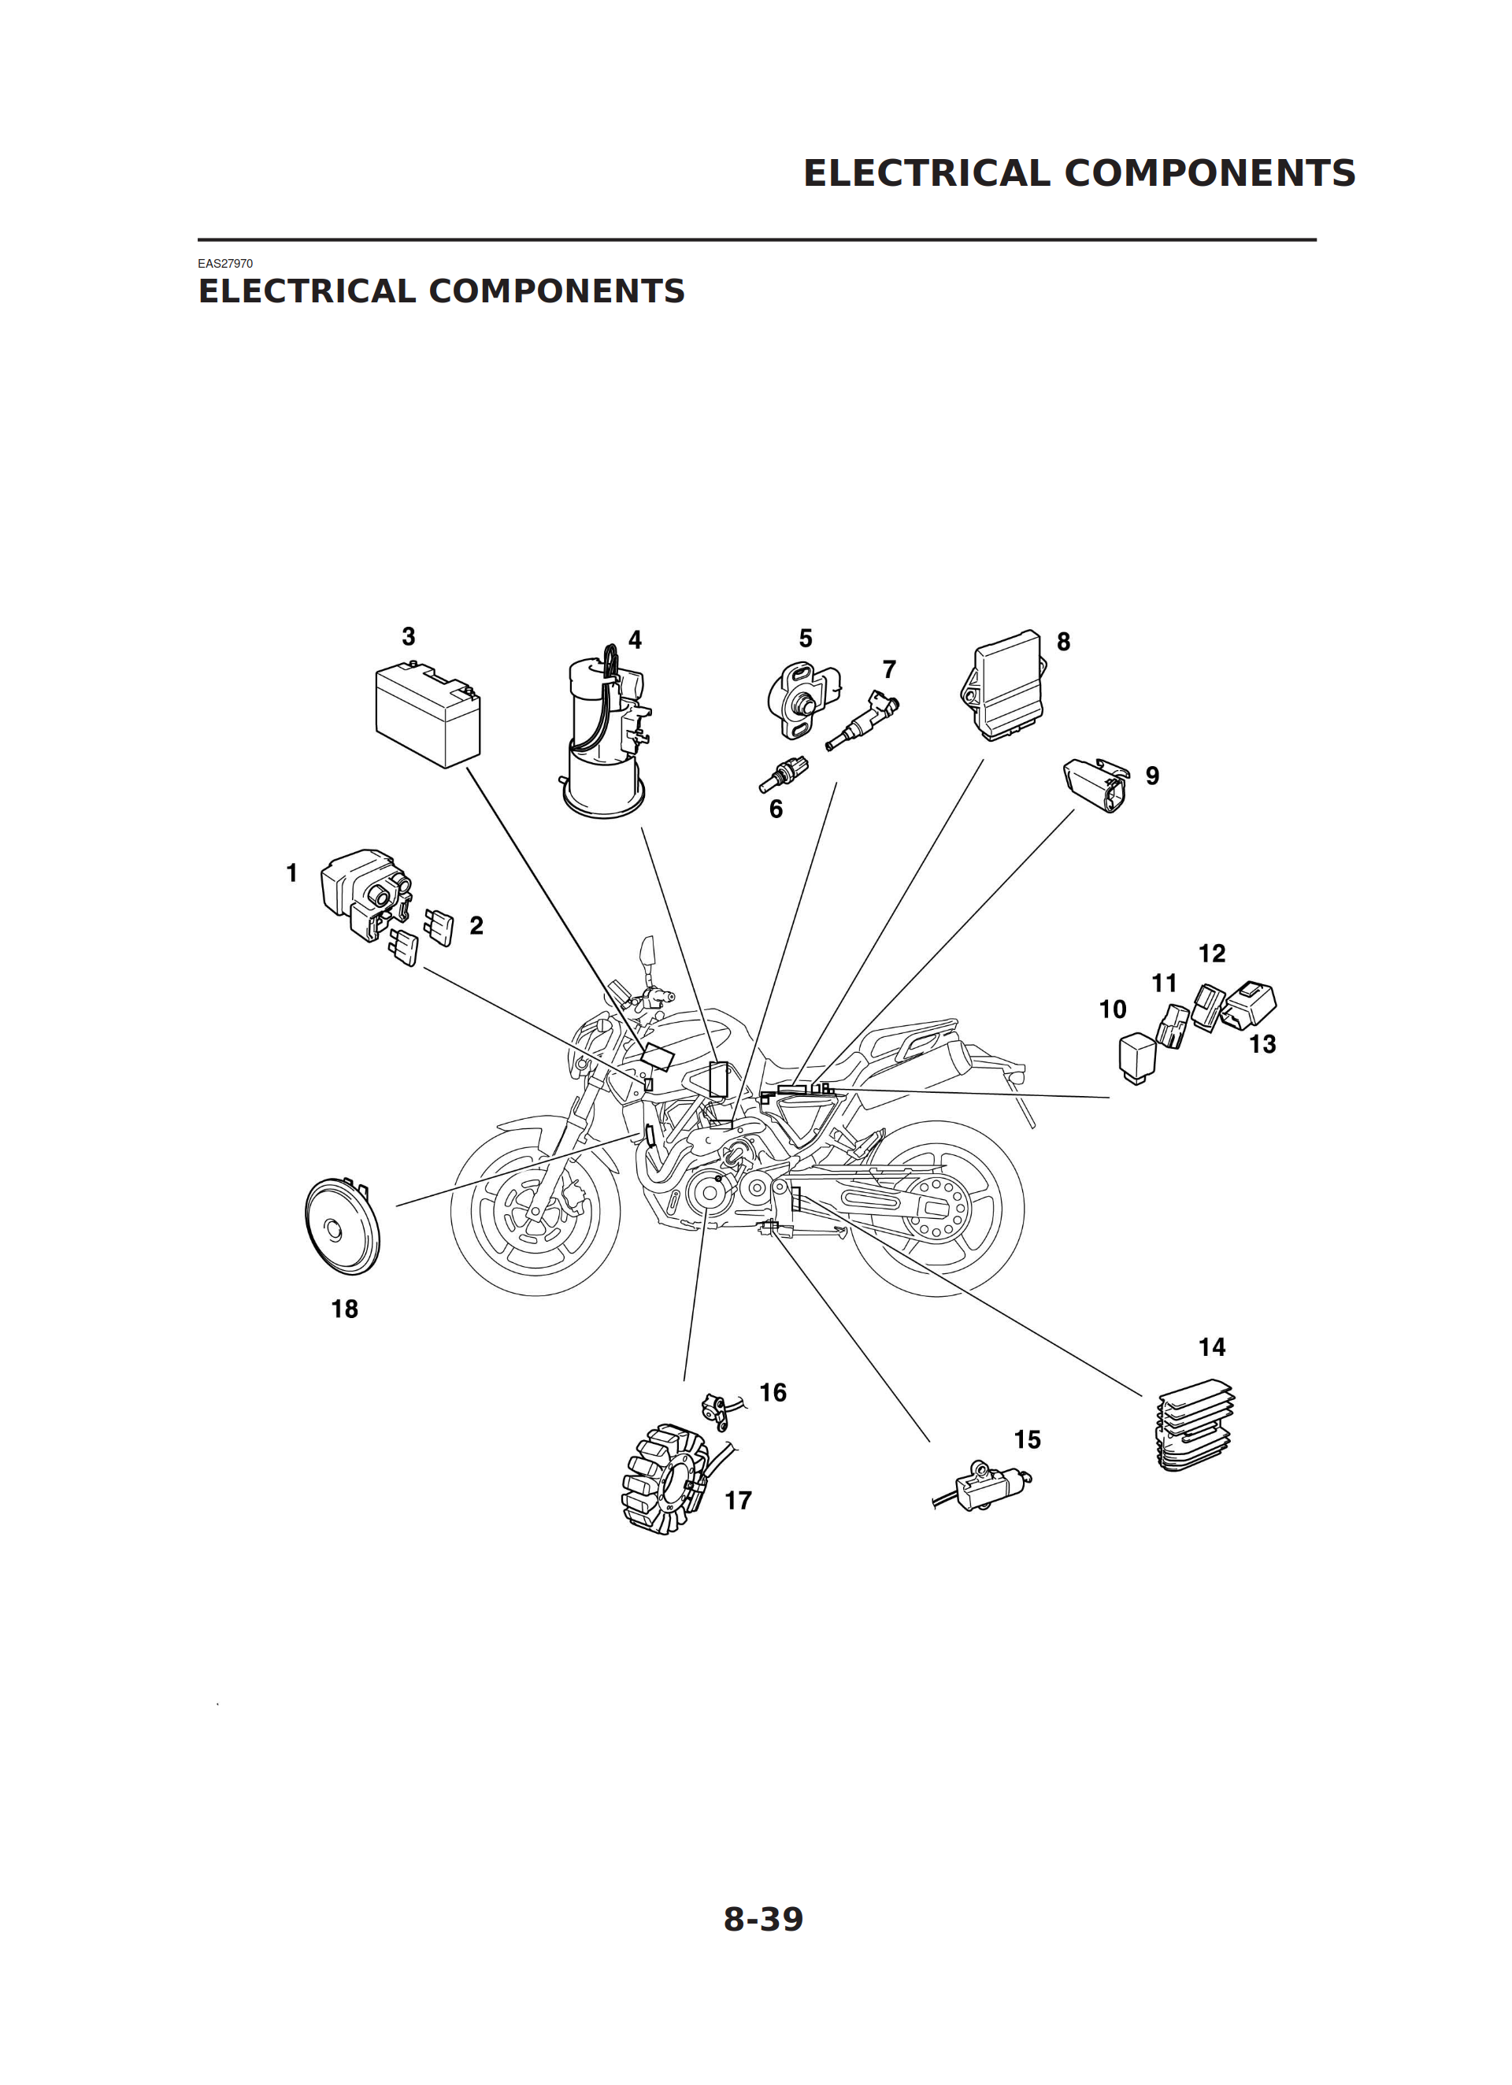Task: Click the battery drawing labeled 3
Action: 428,714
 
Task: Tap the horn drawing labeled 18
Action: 341,1227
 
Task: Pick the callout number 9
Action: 1152,776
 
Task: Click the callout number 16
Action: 773,1393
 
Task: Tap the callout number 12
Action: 1211,954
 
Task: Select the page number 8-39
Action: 763,1919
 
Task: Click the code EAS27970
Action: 225,264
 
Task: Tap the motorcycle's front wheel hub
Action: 533,1213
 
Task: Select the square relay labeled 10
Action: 1138,1059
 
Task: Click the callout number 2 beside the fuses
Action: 476,926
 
